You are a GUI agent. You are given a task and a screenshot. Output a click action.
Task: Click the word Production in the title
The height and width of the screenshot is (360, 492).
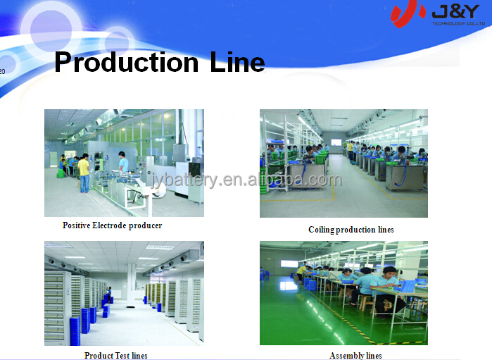pyautogui.click(x=127, y=62)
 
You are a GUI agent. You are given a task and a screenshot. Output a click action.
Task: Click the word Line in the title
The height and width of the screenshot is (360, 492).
pyautogui.click(x=237, y=61)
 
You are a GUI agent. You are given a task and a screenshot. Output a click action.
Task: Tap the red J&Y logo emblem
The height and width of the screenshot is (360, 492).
pyautogui.click(x=407, y=13)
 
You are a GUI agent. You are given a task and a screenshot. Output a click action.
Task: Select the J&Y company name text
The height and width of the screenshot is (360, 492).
pyautogui.click(x=455, y=12)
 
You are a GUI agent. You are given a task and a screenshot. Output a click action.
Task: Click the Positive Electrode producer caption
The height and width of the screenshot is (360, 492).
pyautogui.click(x=113, y=225)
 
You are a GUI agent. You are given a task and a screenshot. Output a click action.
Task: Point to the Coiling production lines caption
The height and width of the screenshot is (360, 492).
pyautogui.click(x=351, y=230)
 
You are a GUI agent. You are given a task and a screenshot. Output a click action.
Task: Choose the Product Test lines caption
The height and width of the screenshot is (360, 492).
pyautogui.click(x=115, y=355)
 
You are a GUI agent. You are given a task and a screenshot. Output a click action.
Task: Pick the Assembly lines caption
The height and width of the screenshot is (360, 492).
pyautogui.click(x=355, y=355)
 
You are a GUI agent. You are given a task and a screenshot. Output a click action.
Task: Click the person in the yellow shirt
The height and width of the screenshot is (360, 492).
pyautogui.click(x=84, y=173)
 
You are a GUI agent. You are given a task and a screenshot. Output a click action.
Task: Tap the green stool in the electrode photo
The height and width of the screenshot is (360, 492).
pyautogui.click(x=61, y=173)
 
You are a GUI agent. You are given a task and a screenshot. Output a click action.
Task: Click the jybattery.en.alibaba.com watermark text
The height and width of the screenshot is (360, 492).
pyautogui.click(x=246, y=180)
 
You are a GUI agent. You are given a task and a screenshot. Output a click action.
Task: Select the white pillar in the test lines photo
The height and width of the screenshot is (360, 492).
pyautogui.click(x=131, y=285)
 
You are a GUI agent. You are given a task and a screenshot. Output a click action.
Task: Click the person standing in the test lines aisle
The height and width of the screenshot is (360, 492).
pyautogui.click(x=109, y=294)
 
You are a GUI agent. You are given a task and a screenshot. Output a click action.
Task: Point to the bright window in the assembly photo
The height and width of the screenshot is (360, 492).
pyautogui.click(x=289, y=263)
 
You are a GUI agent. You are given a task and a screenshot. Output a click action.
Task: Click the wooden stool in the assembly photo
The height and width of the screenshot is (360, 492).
pyautogui.click(x=365, y=302)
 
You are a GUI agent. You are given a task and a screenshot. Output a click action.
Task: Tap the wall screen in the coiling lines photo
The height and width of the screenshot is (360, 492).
pyautogui.click(x=336, y=142)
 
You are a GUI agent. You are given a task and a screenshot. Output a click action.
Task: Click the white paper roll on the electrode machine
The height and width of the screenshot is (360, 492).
pyautogui.click(x=159, y=189)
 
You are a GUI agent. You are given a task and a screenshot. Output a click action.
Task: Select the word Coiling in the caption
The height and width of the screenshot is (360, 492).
pyautogui.click(x=321, y=230)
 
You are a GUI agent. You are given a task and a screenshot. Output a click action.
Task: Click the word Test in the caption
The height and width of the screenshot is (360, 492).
pyautogui.click(x=122, y=355)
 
